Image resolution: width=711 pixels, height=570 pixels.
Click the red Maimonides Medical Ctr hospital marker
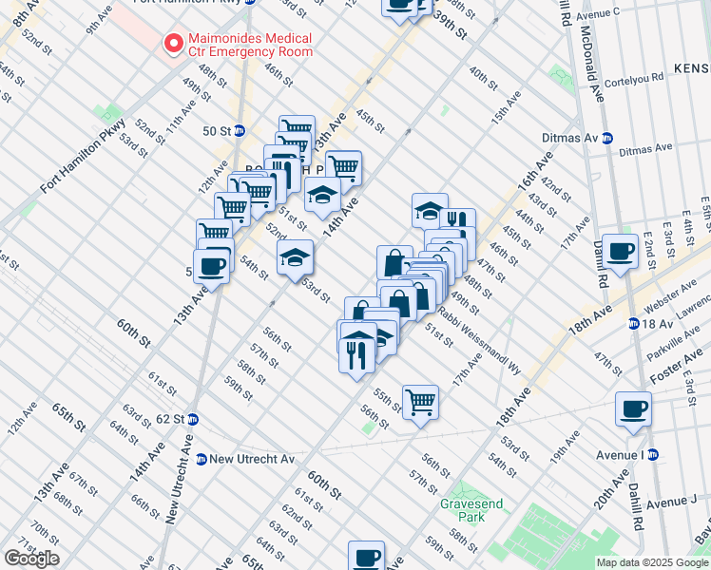tap(173, 43)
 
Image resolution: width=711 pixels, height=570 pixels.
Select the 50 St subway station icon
tap(240, 130)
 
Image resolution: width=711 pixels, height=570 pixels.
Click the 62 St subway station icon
tap(192, 419)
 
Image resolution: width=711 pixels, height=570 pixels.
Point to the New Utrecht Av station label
tap(244, 459)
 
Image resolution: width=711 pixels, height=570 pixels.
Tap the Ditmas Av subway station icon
tap(605, 138)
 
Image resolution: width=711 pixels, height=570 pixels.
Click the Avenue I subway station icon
tap(653, 455)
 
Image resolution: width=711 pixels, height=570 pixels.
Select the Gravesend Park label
tap(463, 510)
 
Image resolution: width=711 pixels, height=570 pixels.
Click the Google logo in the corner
tap(31, 559)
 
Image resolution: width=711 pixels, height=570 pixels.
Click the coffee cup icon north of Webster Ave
tap(621, 251)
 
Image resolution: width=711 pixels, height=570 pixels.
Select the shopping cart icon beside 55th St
tap(420, 401)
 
